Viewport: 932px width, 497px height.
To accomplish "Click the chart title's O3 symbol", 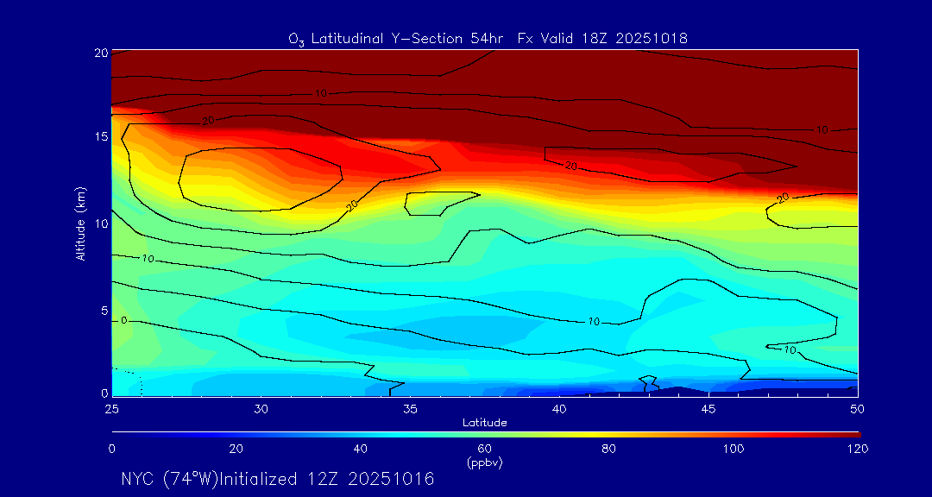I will (296, 39).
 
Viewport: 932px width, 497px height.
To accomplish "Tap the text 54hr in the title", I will (493, 39).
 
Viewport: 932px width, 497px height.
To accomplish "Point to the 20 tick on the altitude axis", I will (100, 52).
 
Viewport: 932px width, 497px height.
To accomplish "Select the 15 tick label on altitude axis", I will (100, 137).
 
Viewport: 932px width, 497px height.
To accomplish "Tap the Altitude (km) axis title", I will (81, 223).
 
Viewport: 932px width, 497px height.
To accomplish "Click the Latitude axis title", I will (484, 423).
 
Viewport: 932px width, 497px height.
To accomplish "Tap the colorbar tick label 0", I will (112, 449).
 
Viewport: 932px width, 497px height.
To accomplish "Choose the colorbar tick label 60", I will (484, 449).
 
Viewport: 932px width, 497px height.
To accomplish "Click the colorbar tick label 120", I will (857, 449).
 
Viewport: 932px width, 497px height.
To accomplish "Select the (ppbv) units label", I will (484, 462).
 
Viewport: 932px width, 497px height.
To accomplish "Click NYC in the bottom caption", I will (136, 479).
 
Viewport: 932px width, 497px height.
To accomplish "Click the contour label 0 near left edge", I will (124, 321).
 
